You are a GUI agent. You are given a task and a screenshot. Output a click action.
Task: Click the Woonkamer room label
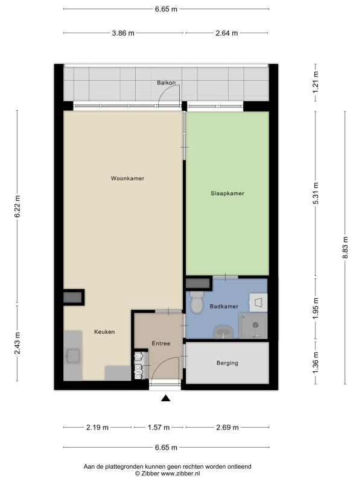pos(127,178)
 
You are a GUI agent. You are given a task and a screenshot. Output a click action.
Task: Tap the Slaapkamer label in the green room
pos(227,193)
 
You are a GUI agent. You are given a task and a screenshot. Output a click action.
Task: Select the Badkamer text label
pos(224,307)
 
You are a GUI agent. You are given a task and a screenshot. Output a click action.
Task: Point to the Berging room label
pos(227,363)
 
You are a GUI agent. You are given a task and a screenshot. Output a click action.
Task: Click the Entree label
pos(160,343)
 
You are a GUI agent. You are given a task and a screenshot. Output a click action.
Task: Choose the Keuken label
pos(104,332)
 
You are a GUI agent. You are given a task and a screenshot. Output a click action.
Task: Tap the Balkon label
pos(167,83)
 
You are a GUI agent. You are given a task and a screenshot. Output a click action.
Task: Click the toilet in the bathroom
pos(197,302)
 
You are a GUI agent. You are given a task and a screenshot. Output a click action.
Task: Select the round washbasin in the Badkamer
pos(223,332)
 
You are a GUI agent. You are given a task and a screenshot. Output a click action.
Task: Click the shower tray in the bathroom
pos(253,326)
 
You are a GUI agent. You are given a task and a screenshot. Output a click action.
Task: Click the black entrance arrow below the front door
pos(166,398)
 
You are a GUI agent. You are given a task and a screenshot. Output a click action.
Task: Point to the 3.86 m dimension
pos(123,33)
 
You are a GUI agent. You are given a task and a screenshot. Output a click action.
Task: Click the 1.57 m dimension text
pos(159,427)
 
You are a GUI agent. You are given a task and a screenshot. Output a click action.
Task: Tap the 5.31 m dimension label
pos(316,193)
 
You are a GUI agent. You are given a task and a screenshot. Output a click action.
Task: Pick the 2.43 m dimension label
pos(17,343)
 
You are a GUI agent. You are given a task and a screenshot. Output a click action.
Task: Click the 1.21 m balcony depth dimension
pos(316,83)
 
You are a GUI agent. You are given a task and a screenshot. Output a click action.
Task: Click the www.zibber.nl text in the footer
pos(176,474)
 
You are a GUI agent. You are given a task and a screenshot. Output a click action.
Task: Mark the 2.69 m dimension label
pos(227,427)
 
